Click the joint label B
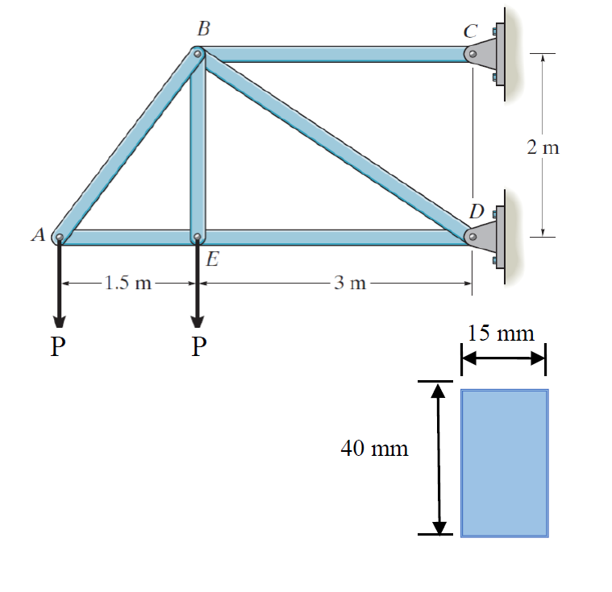pos(204,28)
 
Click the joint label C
pos(470,31)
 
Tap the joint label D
pos(477,211)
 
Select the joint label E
pos(213,259)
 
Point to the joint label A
pos(39,234)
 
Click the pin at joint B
pos(198,54)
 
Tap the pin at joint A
pos(60,237)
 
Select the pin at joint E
pos(198,237)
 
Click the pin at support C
pos(473,54)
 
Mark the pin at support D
pos(473,237)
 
